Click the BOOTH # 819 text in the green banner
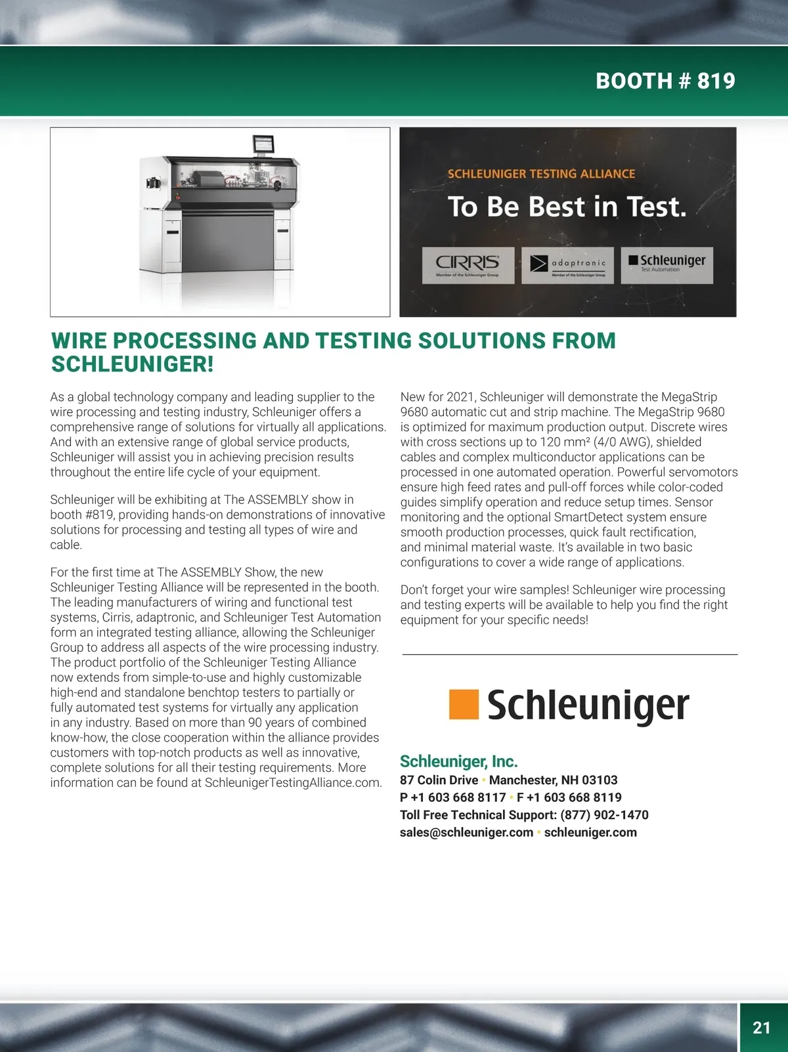pos(665,81)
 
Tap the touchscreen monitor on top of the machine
pos(263,144)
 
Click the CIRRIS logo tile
pos(468,265)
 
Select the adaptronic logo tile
pos(567,265)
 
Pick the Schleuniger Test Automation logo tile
pos(667,265)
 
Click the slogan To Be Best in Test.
pos(567,207)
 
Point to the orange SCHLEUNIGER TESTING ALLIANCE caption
pos(542,173)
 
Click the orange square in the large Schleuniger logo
pos(464,704)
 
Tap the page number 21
pos(762,1028)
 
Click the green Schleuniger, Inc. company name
pos(459,761)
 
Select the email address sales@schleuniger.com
pos(467,832)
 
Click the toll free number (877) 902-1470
pos(604,815)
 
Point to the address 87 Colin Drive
pos(439,780)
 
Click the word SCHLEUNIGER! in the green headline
pos(133,364)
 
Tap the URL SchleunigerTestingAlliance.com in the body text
pos(292,783)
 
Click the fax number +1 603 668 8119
pos(574,797)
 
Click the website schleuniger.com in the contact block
pos(590,832)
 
